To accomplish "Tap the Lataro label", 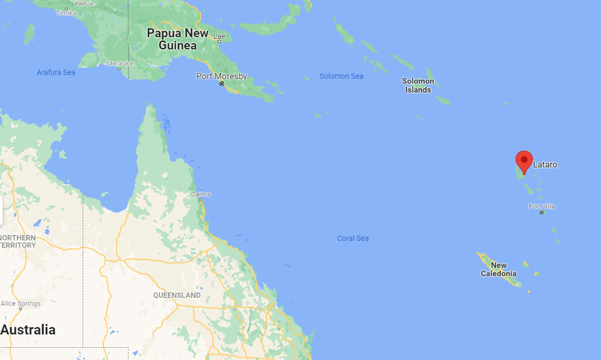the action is [544, 165].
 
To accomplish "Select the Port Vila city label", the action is [542, 206].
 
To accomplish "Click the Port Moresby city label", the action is [221, 76].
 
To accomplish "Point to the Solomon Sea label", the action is [341, 76].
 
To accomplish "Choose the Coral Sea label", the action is [352, 238].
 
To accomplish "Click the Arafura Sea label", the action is [56, 72].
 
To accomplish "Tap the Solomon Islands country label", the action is [418, 86].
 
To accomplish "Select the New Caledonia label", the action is [498, 269].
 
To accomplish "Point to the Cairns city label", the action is [200, 194].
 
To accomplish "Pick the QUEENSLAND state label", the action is [177, 294].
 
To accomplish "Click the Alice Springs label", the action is [21, 303].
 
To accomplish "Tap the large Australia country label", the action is [28, 330].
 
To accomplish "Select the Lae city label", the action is [219, 35].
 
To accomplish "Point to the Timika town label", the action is [66, 13].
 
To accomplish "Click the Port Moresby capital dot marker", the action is [221, 83].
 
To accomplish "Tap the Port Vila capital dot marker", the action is [542, 212].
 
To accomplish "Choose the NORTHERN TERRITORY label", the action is [18, 240].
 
